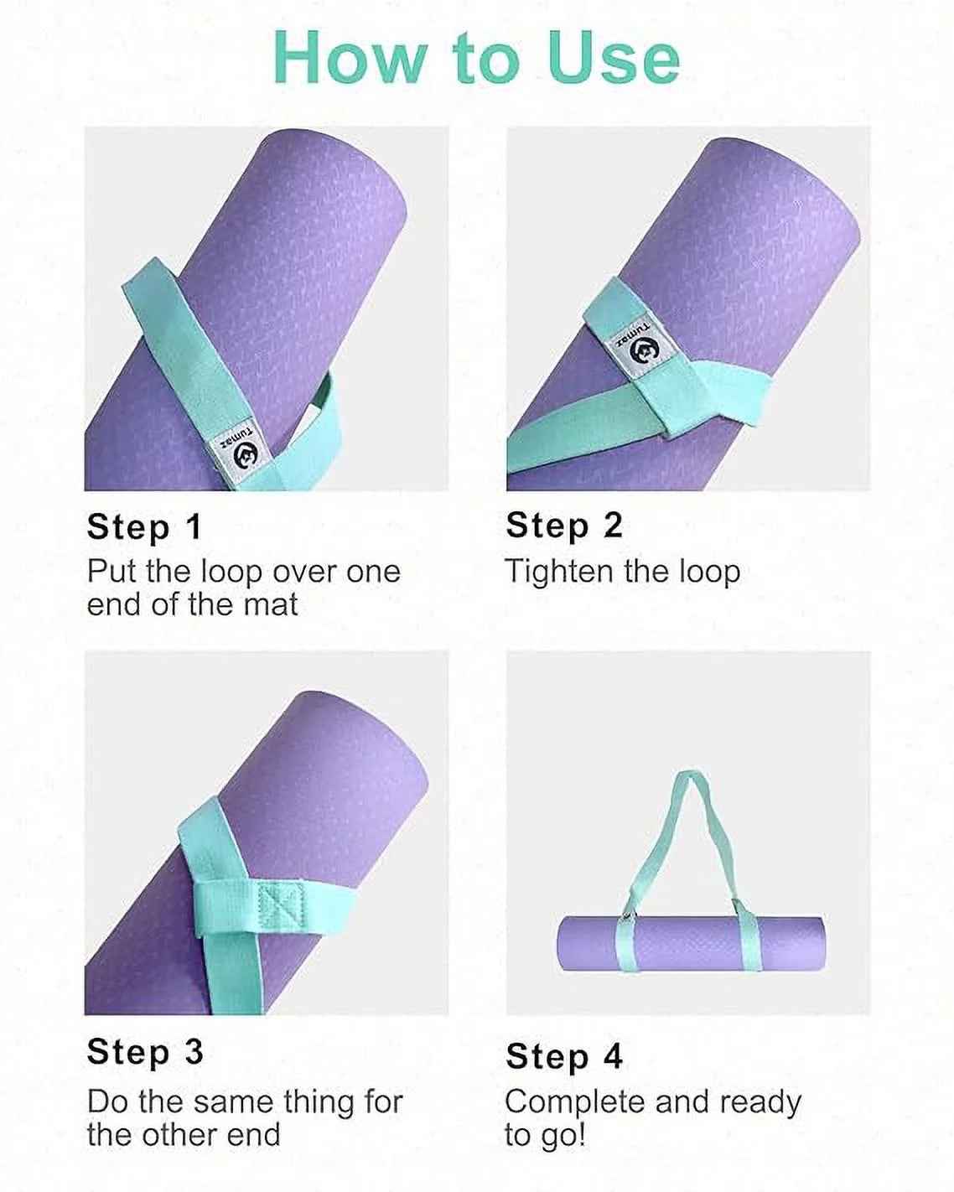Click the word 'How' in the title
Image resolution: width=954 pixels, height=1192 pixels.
pos(348,58)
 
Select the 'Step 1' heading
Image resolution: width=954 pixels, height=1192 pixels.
pos(144,527)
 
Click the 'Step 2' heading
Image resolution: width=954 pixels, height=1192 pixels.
pos(564,526)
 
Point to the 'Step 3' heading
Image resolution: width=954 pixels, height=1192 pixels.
pos(145,1052)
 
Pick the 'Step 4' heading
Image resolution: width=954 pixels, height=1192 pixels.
pos(564,1056)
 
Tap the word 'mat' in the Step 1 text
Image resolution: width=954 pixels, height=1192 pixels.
pos(270,604)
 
